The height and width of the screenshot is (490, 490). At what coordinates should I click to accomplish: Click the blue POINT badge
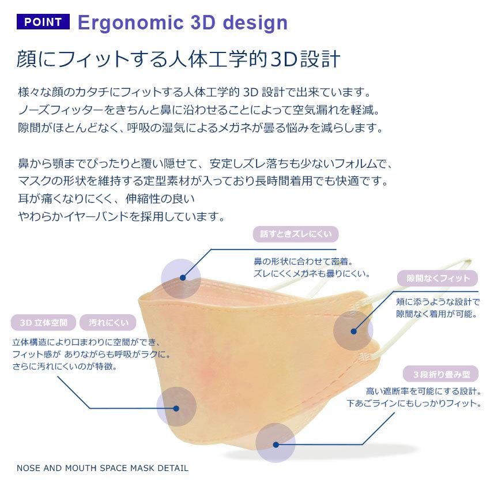coord(43,22)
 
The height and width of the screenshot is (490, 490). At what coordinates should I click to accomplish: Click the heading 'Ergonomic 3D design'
coord(182,22)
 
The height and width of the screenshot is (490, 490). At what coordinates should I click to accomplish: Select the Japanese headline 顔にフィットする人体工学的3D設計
coord(179,59)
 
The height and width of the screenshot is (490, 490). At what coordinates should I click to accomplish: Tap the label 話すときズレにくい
coord(296,234)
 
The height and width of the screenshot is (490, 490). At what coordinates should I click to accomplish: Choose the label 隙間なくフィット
coord(438,278)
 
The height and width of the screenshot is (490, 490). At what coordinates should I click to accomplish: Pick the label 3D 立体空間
coord(43,322)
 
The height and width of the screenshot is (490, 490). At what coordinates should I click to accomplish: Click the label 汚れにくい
coord(108,322)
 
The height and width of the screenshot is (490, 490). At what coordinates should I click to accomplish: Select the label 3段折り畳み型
coord(441,374)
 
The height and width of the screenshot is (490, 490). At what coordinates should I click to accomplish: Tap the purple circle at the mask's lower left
coord(176,406)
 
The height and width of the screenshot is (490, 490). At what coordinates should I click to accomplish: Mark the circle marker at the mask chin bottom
coord(276,444)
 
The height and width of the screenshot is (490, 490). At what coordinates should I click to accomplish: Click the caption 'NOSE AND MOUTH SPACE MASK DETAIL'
coord(102,468)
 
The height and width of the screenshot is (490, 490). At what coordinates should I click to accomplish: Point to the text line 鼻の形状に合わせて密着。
coord(303,261)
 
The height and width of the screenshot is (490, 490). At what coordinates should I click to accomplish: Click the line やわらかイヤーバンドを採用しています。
coord(121,217)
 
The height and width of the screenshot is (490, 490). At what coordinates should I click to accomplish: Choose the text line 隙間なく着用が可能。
coord(436,314)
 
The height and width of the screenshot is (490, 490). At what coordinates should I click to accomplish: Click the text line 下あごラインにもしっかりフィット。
coord(414,404)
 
